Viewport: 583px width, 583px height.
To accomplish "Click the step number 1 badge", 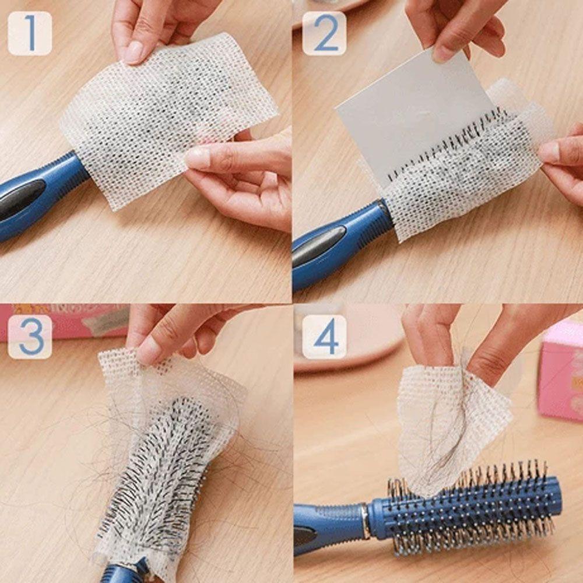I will coord(30,33).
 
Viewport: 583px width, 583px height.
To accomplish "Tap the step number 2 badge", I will coord(324,33).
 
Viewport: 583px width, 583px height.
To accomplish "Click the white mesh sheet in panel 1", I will coord(169,117).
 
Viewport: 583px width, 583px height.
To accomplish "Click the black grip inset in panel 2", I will coord(318,245).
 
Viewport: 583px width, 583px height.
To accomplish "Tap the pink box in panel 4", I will coord(560,373).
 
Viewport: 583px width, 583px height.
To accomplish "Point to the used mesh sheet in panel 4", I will coord(449,426).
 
